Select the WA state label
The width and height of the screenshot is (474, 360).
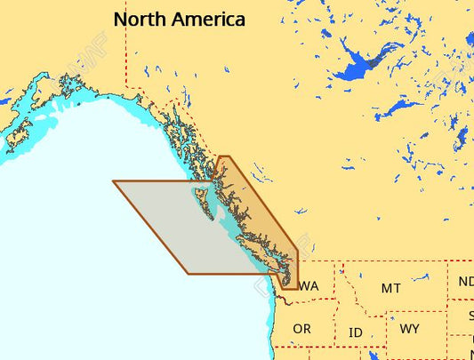point(309,286)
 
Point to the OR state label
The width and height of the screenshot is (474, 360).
point(301,329)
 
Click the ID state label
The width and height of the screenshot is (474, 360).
point(355,332)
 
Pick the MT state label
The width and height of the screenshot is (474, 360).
point(390,288)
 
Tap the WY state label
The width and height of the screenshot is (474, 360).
point(410,329)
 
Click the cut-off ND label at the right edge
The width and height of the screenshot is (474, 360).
point(466,282)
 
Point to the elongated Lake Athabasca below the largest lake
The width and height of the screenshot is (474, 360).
point(398,108)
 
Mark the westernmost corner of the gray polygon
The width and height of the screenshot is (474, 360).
point(113,181)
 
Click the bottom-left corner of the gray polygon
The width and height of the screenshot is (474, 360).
point(189,273)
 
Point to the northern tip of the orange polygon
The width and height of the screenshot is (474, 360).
point(223,157)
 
